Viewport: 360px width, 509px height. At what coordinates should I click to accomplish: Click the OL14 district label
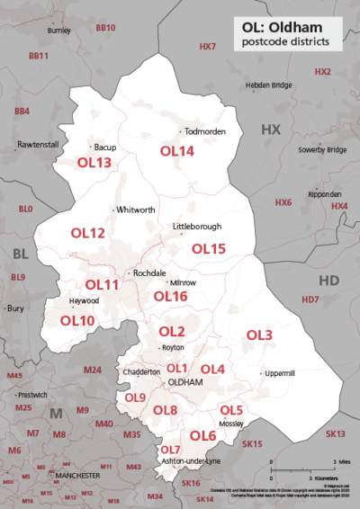click(177, 152)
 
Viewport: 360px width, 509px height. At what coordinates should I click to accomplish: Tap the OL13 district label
click(94, 163)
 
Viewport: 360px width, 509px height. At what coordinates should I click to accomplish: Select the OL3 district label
click(259, 335)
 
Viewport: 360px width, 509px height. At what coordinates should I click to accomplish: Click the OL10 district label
click(77, 319)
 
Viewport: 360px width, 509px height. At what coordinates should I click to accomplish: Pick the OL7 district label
click(170, 449)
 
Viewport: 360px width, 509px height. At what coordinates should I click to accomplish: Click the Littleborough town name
click(197, 227)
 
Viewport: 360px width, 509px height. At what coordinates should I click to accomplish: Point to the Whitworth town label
click(136, 210)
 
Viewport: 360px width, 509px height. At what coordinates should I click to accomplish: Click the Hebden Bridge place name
click(268, 85)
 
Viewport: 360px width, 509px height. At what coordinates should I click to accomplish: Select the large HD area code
click(328, 281)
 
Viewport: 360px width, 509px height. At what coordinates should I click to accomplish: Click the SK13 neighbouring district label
click(335, 434)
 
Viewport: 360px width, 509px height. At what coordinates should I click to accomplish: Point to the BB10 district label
click(105, 29)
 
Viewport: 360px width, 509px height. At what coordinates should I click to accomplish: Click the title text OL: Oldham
click(280, 27)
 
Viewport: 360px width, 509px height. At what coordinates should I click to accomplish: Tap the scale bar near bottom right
click(302, 465)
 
